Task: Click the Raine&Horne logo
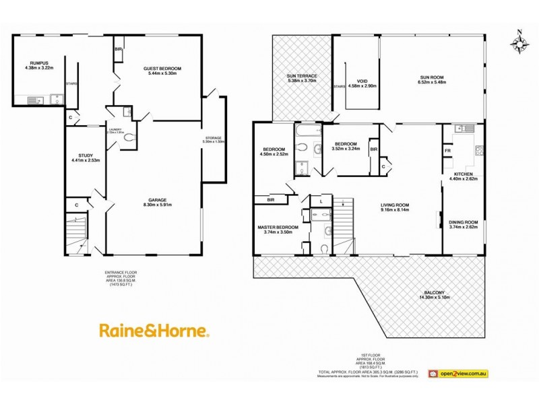tap(154, 331)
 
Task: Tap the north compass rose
tap(519, 42)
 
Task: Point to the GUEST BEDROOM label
tap(162, 69)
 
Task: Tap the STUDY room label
tap(85, 155)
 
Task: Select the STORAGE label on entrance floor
tap(213, 138)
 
